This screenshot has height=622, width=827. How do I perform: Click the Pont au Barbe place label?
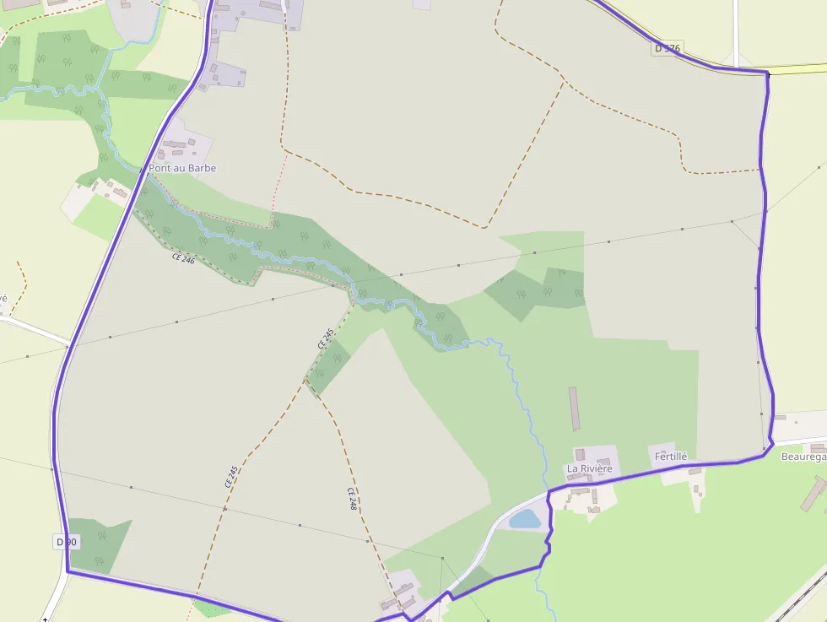pos(182,168)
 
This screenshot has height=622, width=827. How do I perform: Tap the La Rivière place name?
pos(589,468)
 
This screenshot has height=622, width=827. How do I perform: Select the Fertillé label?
pos(671,457)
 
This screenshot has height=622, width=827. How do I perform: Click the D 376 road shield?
pos(667,48)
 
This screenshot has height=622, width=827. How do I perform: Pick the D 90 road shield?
pos(67,541)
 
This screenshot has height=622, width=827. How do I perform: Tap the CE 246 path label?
pos(183,259)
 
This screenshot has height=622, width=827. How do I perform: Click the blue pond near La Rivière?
pos(525,519)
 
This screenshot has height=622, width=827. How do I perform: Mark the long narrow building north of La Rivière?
pos(575,408)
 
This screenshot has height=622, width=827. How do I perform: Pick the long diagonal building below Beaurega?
pos(813,493)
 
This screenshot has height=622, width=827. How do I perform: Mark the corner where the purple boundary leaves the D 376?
pos(768,74)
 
